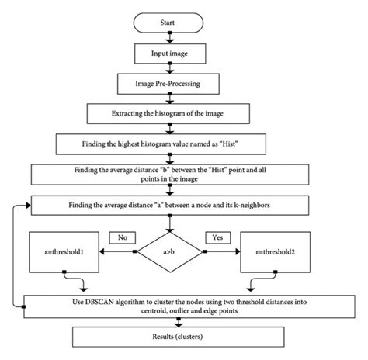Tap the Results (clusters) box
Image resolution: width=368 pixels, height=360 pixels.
185,336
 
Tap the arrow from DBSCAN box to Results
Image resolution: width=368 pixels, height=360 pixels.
184,320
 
